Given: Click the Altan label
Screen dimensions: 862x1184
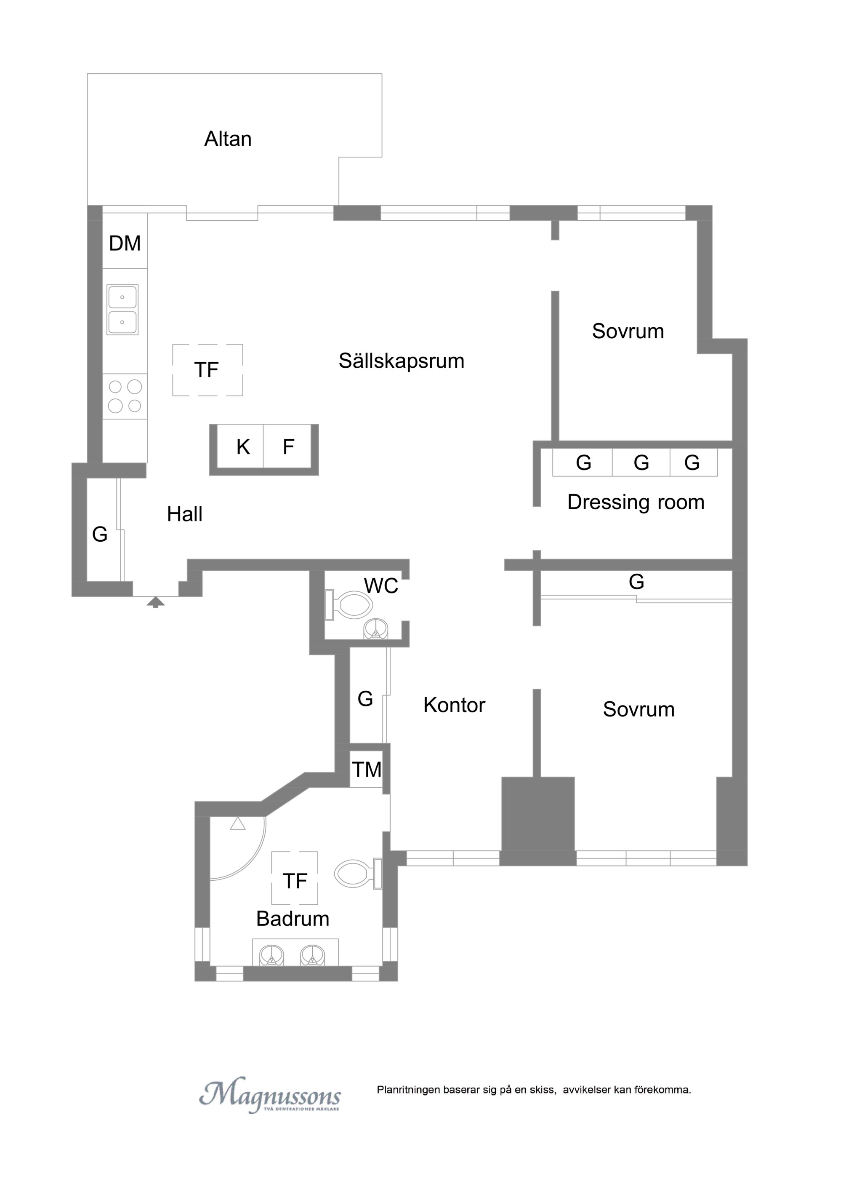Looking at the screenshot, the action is (228, 139).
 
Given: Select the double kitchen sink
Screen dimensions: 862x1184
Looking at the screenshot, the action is (122, 310).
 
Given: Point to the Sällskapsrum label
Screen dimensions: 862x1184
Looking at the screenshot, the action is (401, 361).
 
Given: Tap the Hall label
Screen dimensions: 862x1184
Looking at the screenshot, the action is (185, 514).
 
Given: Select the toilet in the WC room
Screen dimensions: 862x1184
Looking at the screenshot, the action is (349, 605).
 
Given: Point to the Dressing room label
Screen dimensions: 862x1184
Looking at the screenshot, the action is (636, 502).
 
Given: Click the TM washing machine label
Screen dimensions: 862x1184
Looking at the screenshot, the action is (367, 770).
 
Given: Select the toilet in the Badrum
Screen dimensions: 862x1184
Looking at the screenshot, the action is (359, 874).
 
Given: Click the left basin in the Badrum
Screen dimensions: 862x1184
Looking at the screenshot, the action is (272, 955).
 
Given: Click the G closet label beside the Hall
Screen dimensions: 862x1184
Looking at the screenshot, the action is (100, 535).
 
